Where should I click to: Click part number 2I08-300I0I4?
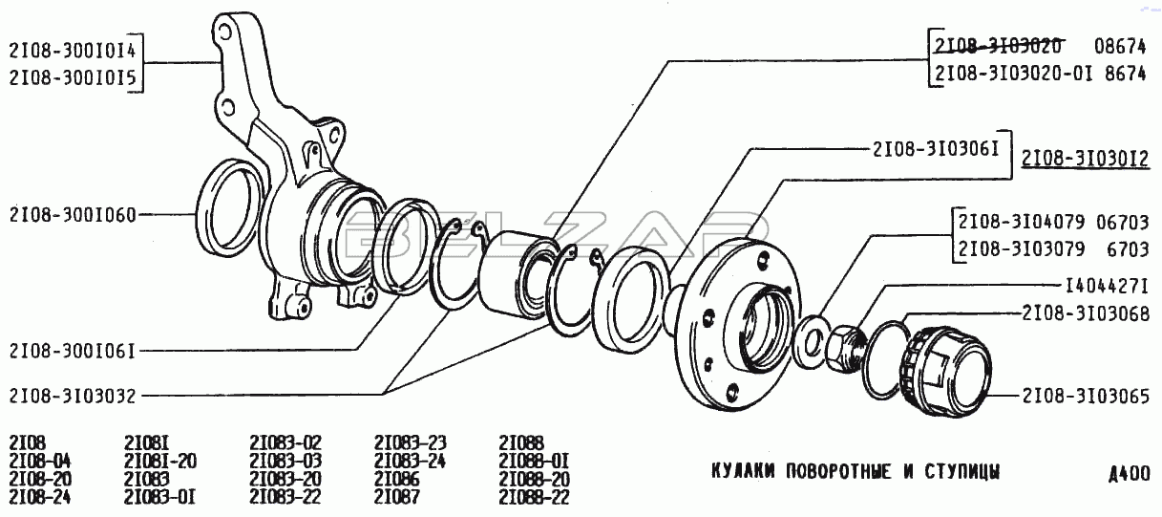[x=73, y=51]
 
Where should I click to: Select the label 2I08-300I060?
[x=73, y=215]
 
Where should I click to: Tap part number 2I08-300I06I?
[x=73, y=352]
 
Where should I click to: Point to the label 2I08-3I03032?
[x=73, y=396]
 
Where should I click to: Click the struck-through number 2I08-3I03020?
[x=998, y=46]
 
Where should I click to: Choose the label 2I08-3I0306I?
[x=936, y=149]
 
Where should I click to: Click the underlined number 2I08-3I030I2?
[x=1086, y=159]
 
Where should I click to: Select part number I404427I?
[x=1107, y=286]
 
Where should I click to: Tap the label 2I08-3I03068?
[x=1086, y=313]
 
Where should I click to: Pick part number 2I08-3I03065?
[x=1086, y=396]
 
